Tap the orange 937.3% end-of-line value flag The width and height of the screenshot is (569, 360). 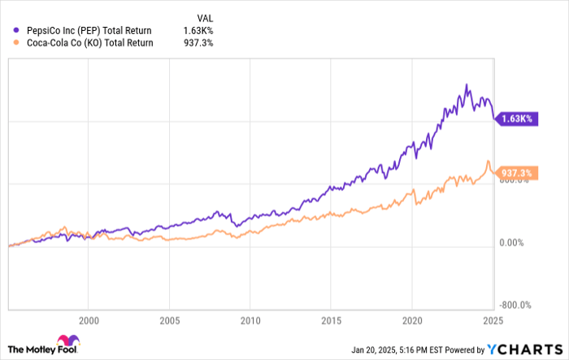[x=518, y=173]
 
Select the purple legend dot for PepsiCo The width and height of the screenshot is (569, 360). [x=16, y=28]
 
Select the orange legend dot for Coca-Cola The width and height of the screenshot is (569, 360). [x=16, y=42]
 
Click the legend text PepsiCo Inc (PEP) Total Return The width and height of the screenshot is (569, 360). [x=88, y=28]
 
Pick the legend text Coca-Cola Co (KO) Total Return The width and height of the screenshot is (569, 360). [x=88, y=42]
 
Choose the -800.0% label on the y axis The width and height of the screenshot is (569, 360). [x=515, y=305]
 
